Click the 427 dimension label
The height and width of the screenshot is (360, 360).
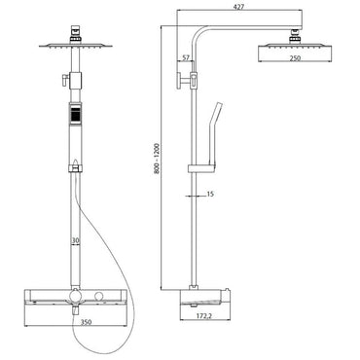tap(239, 6)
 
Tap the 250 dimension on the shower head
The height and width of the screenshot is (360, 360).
tap(296, 58)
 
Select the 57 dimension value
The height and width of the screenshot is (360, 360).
tap(186, 58)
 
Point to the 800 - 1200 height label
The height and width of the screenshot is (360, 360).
tap(157, 159)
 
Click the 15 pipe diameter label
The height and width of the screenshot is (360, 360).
tap(210, 195)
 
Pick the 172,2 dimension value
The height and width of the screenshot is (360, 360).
tap(205, 315)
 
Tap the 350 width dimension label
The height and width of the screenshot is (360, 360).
tap(86, 322)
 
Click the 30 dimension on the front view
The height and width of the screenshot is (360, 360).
tap(75, 241)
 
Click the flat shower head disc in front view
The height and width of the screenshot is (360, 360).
tap(76, 46)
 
